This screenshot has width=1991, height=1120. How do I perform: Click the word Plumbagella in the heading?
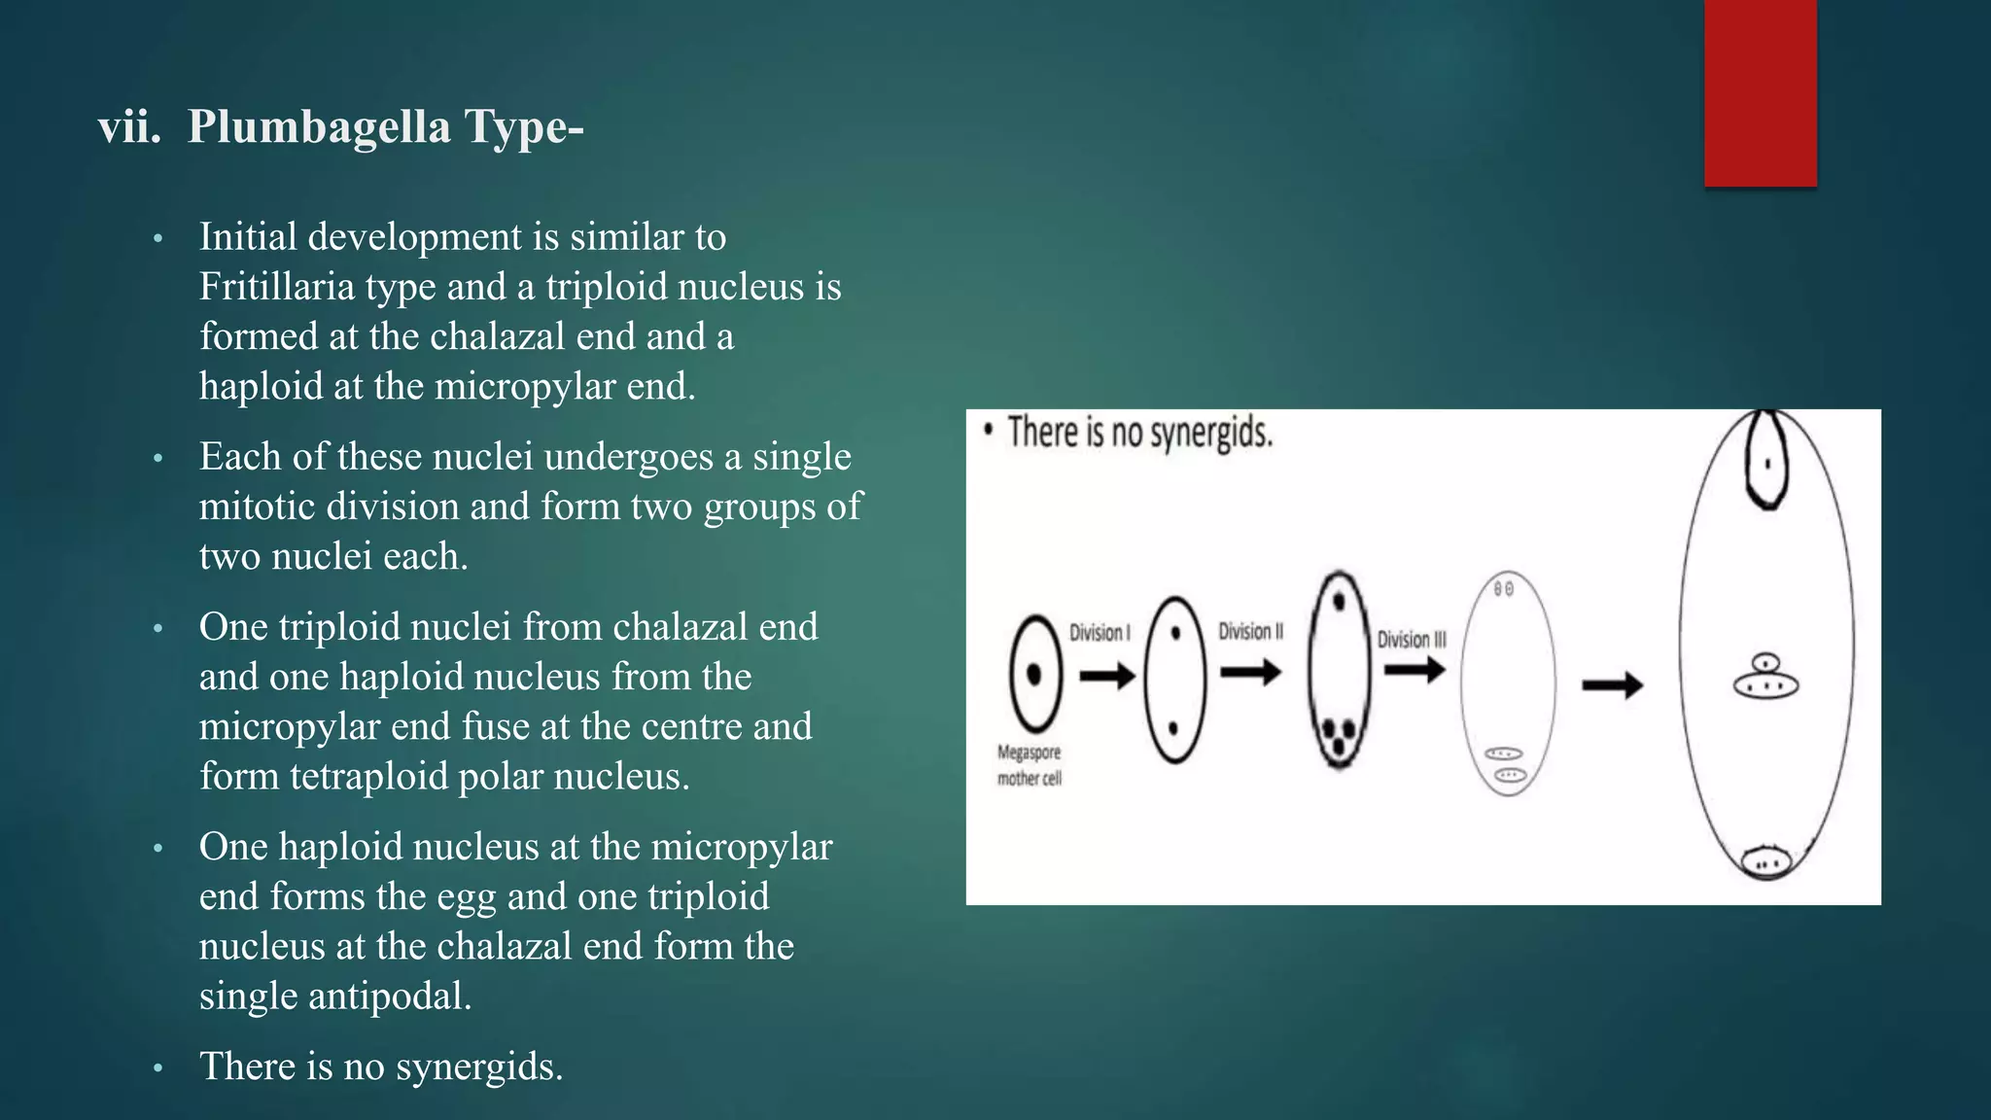click(319, 127)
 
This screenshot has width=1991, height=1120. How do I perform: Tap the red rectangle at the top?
click(1760, 93)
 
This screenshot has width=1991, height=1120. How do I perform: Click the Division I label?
click(1100, 633)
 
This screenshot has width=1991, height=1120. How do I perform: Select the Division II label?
click(1250, 632)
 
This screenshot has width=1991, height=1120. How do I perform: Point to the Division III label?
click(1412, 640)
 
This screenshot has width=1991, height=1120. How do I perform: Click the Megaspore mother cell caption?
click(1030, 765)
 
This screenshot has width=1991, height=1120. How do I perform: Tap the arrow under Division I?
click(1107, 675)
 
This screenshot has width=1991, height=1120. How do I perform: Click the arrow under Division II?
click(1250, 672)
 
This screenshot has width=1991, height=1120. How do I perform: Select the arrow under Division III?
click(1415, 670)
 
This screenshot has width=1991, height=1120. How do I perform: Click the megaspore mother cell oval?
click(1034, 673)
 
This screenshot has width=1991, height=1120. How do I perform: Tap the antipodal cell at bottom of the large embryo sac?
click(1766, 861)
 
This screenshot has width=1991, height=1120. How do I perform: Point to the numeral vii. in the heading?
click(129, 127)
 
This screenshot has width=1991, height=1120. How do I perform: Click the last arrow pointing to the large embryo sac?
click(1612, 686)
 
